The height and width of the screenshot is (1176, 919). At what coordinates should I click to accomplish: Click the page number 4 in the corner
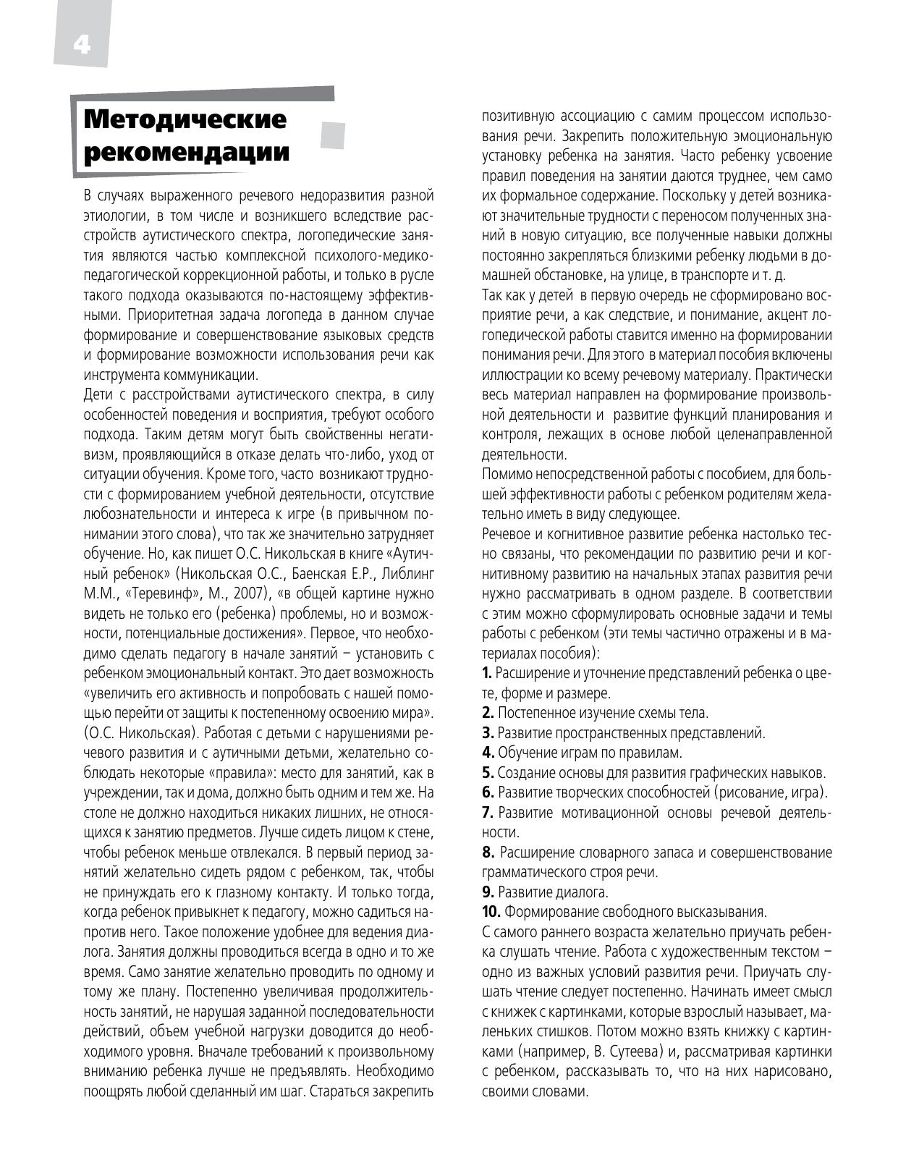[x=81, y=45]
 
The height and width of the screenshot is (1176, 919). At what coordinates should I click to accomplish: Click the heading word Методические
[x=185, y=119]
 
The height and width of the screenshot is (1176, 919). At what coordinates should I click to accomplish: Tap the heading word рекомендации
[x=187, y=153]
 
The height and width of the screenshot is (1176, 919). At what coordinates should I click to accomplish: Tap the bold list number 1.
[x=487, y=673]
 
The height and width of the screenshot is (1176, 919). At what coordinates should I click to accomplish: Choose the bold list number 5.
[x=488, y=773]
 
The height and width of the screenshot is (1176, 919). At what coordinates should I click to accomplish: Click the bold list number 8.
[x=488, y=853]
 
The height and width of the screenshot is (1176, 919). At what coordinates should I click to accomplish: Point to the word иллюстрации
[x=519, y=376]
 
